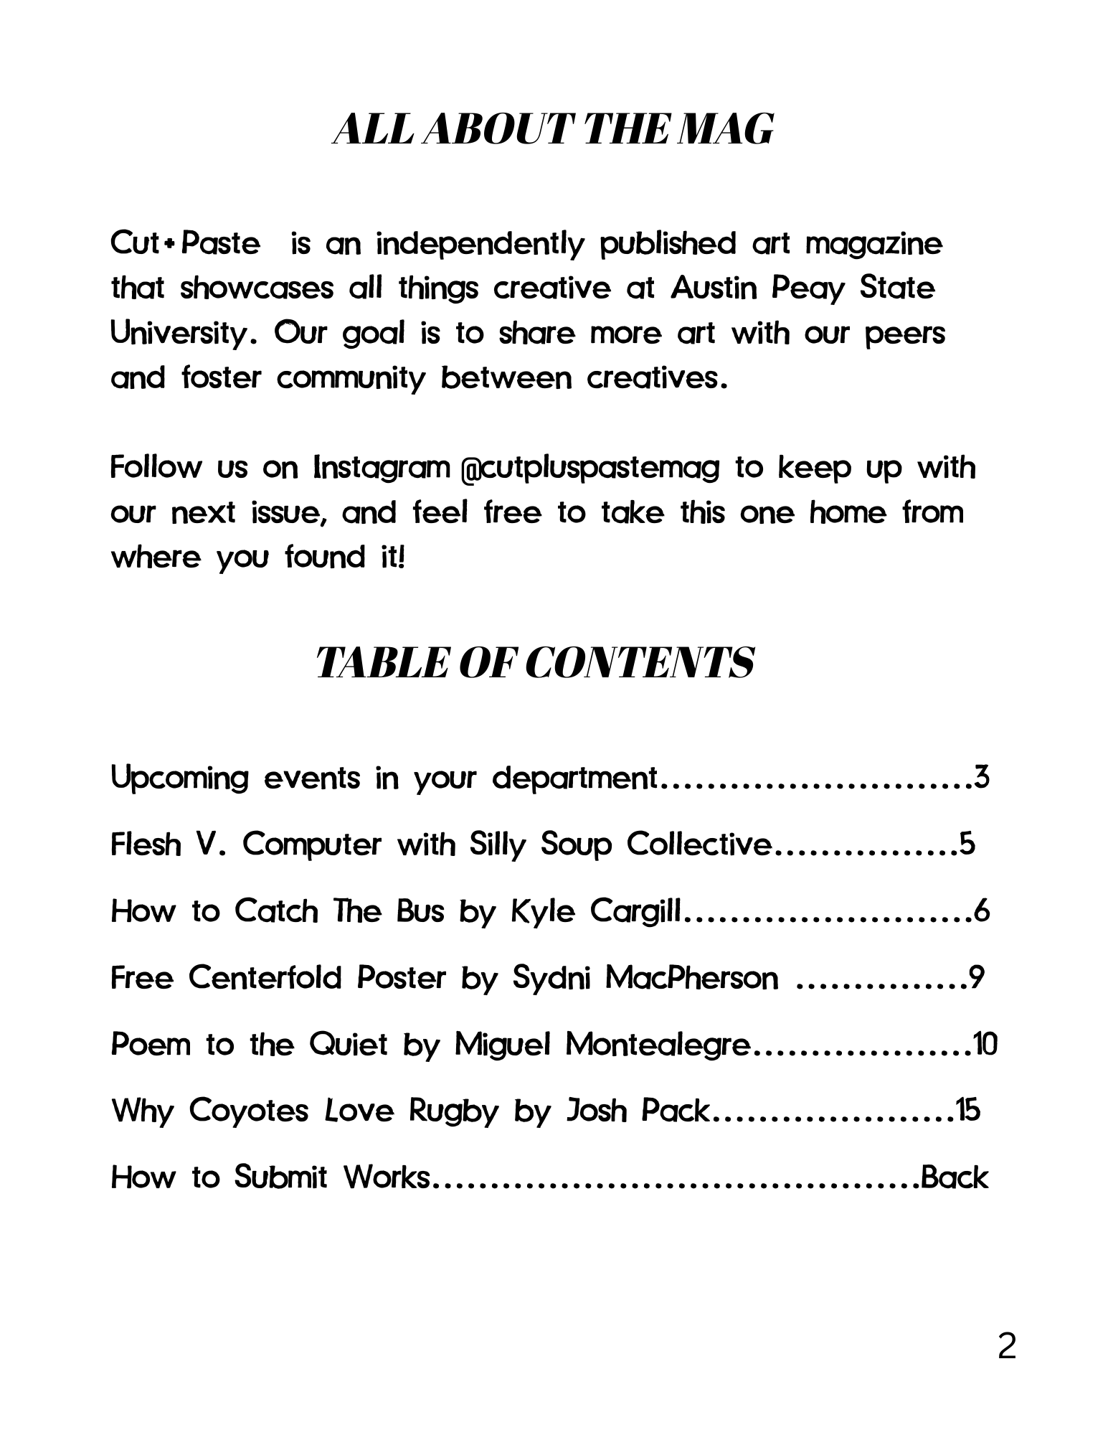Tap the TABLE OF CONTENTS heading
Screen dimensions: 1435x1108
pyautogui.click(x=534, y=662)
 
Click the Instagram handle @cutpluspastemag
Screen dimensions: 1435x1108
pyautogui.click(x=589, y=469)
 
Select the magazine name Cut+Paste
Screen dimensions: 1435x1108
pyautogui.click(x=185, y=244)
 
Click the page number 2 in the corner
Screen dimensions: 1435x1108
pyautogui.click(x=1006, y=1347)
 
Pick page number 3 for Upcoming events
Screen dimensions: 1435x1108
pyautogui.click(x=982, y=777)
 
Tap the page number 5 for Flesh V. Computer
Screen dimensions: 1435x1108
pyautogui.click(x=967, y=844)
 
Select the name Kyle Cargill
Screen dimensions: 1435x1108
pyautogui.click(x=595, y=911)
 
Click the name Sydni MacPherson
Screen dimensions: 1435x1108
pyautogui.click(x=645, y=978)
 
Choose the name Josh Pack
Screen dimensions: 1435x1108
pyautogui.click(x=637, y=1111)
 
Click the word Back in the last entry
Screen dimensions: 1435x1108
pyautogui.click(x=955, y=1177)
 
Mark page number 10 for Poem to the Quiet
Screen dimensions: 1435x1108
pyautogui.click(x=985, y=1044)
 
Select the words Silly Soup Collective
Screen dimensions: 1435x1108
pyautogui.click(x=619, y=844)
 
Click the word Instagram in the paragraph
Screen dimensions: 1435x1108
pyautogui.click(x=382, y=468)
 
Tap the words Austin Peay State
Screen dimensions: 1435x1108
pyautogui.click(x=803, y=288)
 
